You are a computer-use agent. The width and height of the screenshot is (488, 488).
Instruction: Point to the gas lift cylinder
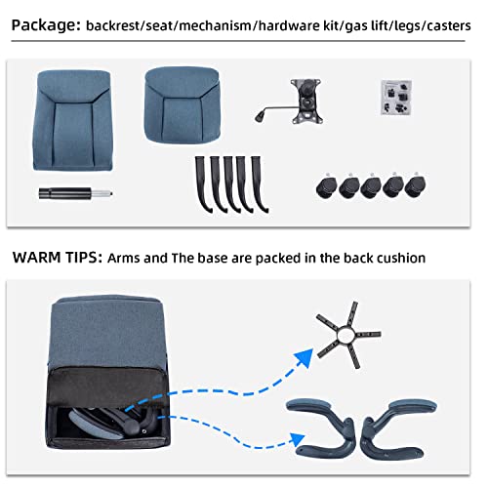point(71,193)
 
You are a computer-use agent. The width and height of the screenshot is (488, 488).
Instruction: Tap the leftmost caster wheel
point(328,185)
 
